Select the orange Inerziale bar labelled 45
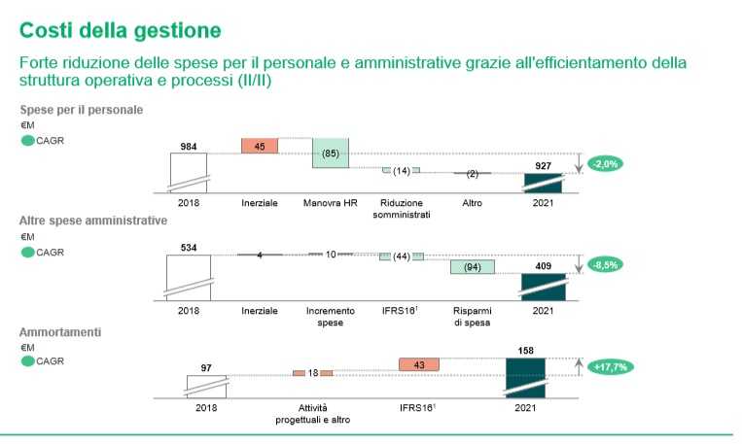pos(260,146)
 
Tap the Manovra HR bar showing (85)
pos(331,153)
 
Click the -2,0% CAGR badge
pos(605,164)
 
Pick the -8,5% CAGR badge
pos(605,264)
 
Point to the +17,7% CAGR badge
pos(606,366)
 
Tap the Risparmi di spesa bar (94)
pos(473,266)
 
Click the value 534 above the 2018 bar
pos(189,248)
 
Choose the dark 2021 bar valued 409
pos(544,286)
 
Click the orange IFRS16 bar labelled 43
pos(419,363)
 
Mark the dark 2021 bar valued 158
pos(525,379)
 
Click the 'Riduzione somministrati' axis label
pos(401,208)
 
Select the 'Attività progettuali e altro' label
pos(313,413)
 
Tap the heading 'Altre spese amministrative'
pos(93,221)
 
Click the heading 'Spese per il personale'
pos(82,110)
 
